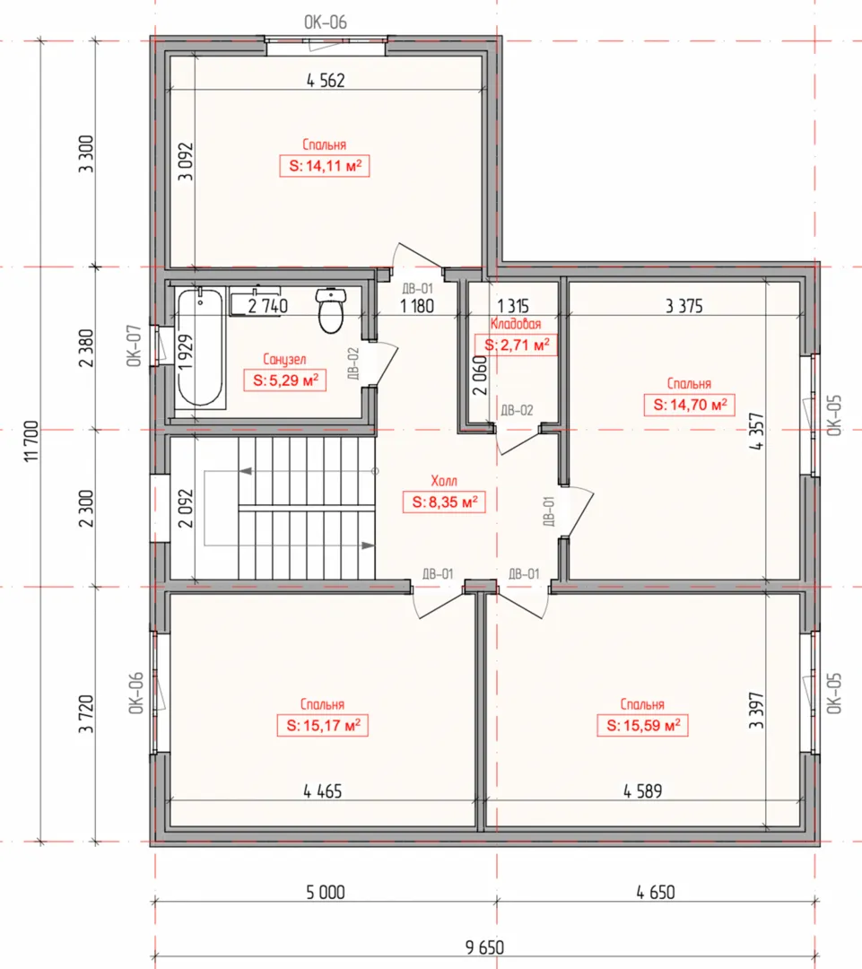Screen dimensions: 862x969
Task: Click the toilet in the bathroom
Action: [331, 310]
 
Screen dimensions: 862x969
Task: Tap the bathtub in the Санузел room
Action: [200, 348]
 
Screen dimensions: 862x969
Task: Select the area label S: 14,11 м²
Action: [325, 166]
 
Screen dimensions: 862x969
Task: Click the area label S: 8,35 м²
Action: [444, 502]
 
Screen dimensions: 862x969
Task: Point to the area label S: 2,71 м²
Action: [516, 345]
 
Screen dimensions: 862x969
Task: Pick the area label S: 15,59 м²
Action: [642, 725]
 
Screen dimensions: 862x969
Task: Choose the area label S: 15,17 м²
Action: [323, 725]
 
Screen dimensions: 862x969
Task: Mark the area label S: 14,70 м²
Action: [689, 405]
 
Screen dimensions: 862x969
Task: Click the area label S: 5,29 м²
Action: [285, 380]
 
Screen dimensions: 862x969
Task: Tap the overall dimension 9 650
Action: [484, 947]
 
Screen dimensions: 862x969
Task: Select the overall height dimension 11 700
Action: [31, 441]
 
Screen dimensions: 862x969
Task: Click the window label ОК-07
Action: [135, 346]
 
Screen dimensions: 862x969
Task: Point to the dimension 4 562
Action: [326, 81]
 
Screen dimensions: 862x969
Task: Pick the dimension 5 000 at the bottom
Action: [326, 893]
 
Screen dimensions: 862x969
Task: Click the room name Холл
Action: [444, 481]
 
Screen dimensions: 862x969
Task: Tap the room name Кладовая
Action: [516, 324]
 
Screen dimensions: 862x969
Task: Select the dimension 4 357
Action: [756, 432]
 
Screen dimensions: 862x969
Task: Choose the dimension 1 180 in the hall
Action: [417, 306]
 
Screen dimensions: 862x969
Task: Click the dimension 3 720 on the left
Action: [86, 714]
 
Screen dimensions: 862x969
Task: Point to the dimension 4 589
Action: [642, 791]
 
